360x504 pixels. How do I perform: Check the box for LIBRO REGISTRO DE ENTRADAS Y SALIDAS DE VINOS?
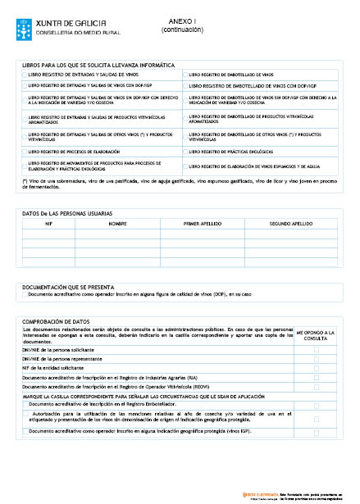pyautogui.click(x=25, y=74)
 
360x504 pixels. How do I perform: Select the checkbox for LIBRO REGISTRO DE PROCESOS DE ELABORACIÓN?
pyautogui.click(x=25, y=152)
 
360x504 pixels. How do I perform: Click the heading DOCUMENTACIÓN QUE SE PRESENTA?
pyautogui.click(x=73, y=286)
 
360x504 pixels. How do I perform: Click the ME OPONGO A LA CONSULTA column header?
pyautogui.click(x=316, y=336)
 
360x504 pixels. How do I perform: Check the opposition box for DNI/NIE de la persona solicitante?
pyautogui.click(x=316, y=349)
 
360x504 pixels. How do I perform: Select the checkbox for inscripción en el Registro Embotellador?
pyautogui.click(x=25, y=403)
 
